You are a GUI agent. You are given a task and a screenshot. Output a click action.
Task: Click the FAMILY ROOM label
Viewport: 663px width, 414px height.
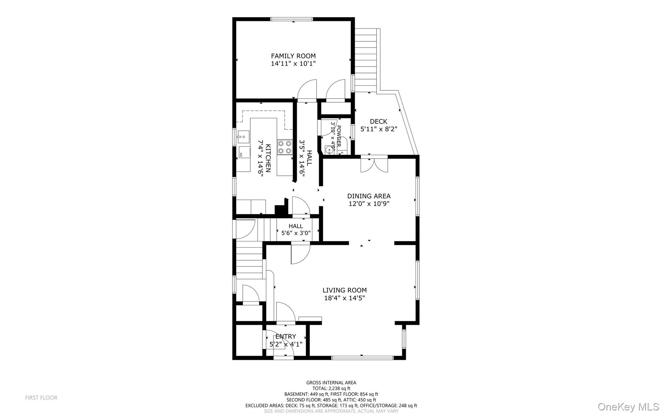pyautogui.click(x=293, y=56)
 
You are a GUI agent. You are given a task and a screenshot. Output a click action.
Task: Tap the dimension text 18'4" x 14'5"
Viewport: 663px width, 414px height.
pyautogui.click(x=344, y=298)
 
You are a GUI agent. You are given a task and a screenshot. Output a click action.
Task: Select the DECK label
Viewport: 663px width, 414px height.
pyautogui.click(x=378, y=121)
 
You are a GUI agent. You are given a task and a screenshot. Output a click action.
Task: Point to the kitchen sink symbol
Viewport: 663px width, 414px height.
pyautogui.click(x=243, y=137)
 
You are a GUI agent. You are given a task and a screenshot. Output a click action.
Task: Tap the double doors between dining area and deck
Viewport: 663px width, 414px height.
pyautogui.click(x=374, y=164)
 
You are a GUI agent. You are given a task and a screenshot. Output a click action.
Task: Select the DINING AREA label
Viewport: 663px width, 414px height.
pyautogui.click(x=369, y=196)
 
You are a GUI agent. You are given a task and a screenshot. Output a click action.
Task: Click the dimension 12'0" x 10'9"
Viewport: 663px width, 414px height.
pyautogui.click(x=369, y=204)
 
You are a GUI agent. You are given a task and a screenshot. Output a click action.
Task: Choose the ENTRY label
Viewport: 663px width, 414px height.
pyautogui.click(x=286, y=336)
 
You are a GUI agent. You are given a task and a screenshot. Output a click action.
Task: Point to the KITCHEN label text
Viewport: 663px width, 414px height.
pyautogui.click(x=268, y=158)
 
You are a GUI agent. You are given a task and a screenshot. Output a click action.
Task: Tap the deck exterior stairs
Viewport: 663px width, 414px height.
pyautogui.click(x=367, y=60)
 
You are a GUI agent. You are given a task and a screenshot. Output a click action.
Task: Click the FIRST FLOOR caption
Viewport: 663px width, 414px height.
pyautogui.click(x=41, y=397)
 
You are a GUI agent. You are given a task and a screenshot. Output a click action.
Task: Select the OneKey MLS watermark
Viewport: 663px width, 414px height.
pyautogui.click(x=628, y=407)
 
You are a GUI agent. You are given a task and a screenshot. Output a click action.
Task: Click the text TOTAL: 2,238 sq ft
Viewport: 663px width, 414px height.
pyautogui.click(x=331, y=388)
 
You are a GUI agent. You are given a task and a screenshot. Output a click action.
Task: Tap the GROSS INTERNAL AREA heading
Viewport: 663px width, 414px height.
pyautogui.click(x=331, y=383)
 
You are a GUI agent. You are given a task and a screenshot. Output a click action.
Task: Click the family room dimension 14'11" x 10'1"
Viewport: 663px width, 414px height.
pyautogui.click(x=293, y=64)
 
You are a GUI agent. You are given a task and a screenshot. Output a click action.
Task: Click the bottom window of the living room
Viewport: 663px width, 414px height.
pyautogui.click(x=362, y=358)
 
